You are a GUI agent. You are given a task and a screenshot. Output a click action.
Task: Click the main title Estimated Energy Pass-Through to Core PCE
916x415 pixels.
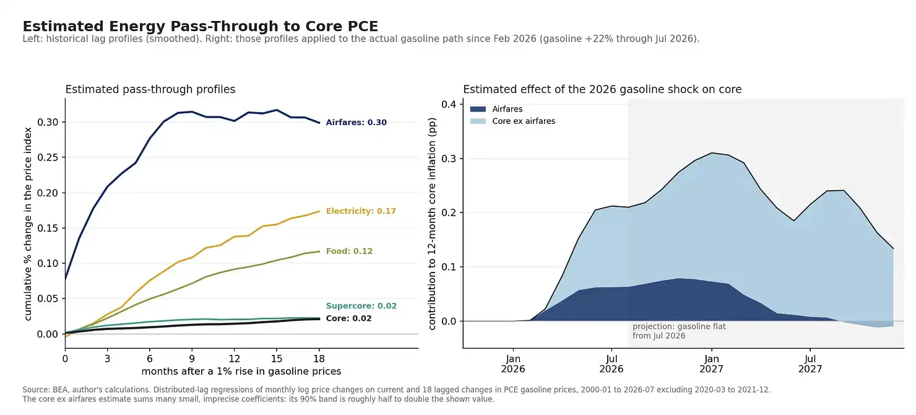[x=200, y=26]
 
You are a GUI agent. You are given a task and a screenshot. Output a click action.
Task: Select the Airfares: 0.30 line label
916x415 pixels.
[x=356, y=123]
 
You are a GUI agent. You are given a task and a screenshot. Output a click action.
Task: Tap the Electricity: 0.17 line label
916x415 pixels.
[x=361, y=211]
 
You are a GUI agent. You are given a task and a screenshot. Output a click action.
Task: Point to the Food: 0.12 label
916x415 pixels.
[x=349, y=251]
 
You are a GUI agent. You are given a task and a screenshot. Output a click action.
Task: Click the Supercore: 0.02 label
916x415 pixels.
[x=361, y=306]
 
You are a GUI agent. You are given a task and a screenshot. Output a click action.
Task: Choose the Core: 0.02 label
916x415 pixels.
[x=348, y=318]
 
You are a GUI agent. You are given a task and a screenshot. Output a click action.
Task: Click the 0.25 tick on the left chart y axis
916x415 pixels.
[x=48, y=157]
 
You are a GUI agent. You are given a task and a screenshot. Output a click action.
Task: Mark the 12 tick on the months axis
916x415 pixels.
[x=235, y=359]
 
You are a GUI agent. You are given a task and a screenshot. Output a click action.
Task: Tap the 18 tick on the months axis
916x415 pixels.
[x=319, y=359]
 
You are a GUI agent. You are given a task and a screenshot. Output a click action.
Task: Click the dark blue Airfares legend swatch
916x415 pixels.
[x=478, y=109]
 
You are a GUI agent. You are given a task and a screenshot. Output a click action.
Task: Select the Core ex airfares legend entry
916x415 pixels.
[x=512, y=121]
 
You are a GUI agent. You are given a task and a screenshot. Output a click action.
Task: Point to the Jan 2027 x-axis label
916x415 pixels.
[x=712, y=364]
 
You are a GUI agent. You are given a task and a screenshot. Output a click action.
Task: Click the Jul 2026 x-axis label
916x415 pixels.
[x=611, y=364]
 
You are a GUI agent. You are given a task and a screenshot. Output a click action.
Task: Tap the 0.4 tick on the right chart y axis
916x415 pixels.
[x=449, y=104]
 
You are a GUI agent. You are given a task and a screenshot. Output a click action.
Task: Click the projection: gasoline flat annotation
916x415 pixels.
[x=679, y=331]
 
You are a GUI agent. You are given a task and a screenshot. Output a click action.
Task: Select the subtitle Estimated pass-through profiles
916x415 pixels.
[x=150, y=89]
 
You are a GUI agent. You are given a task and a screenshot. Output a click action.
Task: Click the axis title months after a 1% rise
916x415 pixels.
[x=241, y=371]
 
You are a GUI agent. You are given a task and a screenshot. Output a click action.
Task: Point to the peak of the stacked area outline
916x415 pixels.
[x=712, y=152]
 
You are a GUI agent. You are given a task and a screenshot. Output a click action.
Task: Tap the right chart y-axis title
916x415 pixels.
[x=432, y=224]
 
